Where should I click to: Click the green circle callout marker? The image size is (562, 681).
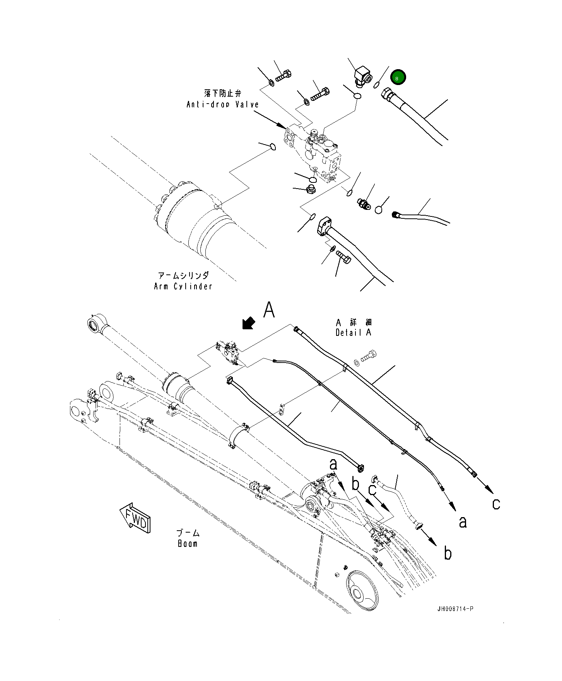[398, 78]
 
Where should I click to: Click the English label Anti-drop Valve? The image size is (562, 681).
[222, 104]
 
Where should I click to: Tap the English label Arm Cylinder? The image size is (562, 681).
[183, 286]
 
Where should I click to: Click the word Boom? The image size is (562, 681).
[188, 543]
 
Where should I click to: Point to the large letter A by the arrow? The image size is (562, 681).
[269, 310]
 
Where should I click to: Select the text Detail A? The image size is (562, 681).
[353, 332]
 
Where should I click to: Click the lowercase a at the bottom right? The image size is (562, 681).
[463, 522]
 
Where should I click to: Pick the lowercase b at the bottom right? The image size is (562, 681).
[448, 553]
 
